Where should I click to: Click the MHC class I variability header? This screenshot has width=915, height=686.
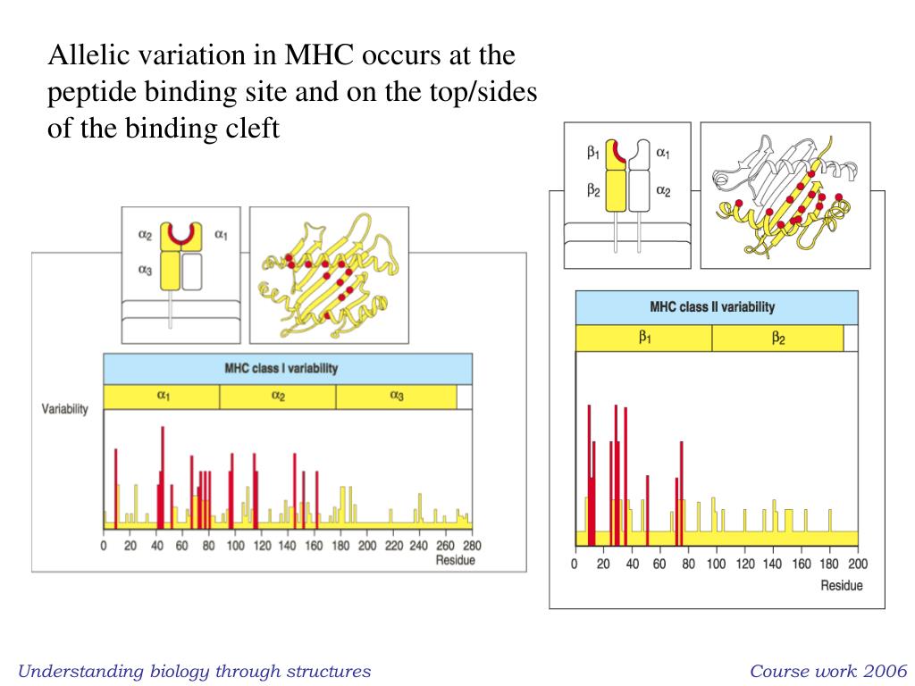tap(287, 369)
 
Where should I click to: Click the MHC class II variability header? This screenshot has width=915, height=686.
tap(712, 307)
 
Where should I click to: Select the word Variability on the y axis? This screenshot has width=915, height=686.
tap(65, 409)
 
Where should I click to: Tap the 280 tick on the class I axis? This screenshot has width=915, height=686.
tap(472, 546)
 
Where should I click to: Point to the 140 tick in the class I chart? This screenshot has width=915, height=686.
tap(288, 546)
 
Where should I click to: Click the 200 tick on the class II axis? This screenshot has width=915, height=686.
tap(857, 565)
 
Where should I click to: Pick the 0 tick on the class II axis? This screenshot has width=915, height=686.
tap(575, 565)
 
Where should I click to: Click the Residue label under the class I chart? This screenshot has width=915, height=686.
tap(455, 560)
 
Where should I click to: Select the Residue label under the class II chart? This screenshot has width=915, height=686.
tap(842, 585)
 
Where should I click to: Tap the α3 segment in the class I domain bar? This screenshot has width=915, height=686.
tap(396, 397)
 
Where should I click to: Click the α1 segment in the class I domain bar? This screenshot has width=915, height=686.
tap(162, 397)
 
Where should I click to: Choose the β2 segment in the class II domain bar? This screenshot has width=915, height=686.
tap(777, 339)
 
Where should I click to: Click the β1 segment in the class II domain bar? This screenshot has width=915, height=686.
tap(643, 339)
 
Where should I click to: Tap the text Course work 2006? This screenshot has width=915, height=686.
tap(828, 671)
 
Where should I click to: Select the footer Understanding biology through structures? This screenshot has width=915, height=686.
tap(195, 671)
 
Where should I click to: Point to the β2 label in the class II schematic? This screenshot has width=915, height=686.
tap(593, 189)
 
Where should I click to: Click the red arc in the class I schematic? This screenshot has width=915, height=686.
tap(182, 238)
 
